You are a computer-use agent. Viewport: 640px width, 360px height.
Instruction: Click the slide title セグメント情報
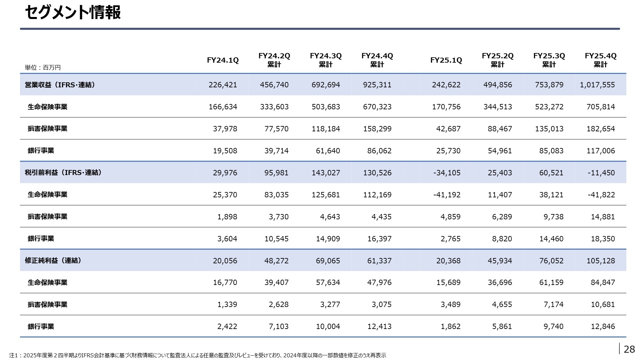pyautogui.click(x=73, y=13)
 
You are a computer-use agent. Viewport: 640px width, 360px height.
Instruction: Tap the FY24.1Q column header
pyautogui.click(x=223, y=60)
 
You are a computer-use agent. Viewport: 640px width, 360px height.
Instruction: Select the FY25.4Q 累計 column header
pyautogui.click(x=600, y=60)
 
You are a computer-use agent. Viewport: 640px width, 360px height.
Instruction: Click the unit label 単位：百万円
pyautogui.click(x=43, y=68)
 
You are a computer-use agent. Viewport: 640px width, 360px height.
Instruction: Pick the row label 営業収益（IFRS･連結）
pyautogui.click(x=60, y=85)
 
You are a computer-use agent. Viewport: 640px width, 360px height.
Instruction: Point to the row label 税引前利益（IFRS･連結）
pyautogui.click(x=63, y=172)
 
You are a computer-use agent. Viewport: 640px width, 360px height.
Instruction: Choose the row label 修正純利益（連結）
pyautogui.click(x=53, y=260)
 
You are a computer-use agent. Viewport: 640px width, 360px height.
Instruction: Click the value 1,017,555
pyautogui.click(x=597, y=85)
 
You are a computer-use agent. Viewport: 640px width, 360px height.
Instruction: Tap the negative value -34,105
pyautogui.click(x=447, y=173)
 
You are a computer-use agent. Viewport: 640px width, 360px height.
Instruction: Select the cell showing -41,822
pyautogui.click(x=601, y=195)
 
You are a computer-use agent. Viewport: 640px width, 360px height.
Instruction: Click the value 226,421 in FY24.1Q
pyautogui.click(x=223, y=85)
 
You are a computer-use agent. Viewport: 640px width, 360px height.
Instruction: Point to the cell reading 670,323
pyautogui.click(x=377, y=107)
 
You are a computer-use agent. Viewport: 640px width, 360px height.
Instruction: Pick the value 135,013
pyautogui.click(x=549, y=129)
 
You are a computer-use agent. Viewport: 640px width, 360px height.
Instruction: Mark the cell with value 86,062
pyautogui.click(x=379, y=151)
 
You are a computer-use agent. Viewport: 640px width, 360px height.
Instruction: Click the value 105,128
pyautogui.click(x=601, y=261)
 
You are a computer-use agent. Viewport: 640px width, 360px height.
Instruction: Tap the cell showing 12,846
pyautogui.click(x=603, y=326)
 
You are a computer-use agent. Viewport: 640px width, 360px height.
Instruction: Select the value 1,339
pyautogui.click(x=227, y=304)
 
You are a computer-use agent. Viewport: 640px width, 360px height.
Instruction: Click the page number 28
pyautogui.click(x=629, y=349)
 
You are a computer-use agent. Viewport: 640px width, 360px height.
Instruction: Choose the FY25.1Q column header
pyautogui.click(x=446, y=60)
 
